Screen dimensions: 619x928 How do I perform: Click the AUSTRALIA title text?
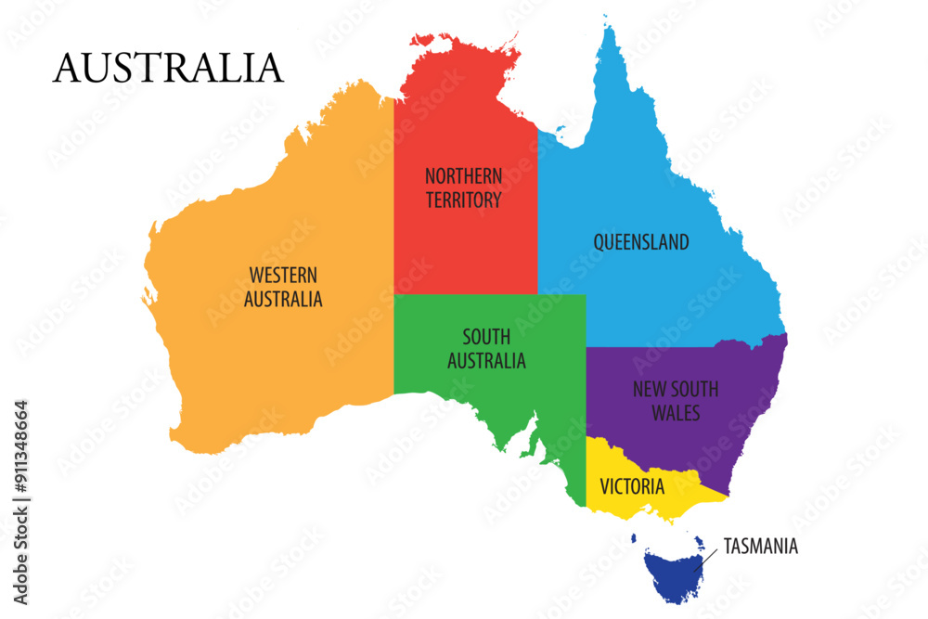(168, 68)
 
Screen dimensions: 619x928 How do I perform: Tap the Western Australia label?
(283, 288)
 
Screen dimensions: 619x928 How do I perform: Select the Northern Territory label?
(464, 187)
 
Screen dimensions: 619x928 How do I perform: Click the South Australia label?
(486, 349)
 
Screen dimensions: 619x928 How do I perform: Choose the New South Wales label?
(676, 401)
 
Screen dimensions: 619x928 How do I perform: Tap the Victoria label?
(632, 486)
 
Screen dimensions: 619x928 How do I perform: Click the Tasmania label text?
(760, 547)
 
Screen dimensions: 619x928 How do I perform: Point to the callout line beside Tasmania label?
(707, 560)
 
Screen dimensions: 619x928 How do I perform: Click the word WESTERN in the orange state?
(283, 276)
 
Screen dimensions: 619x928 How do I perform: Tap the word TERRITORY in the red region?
(464, 200)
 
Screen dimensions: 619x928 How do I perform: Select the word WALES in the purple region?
(676, 413)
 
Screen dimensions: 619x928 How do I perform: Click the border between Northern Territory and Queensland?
(538, 213)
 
